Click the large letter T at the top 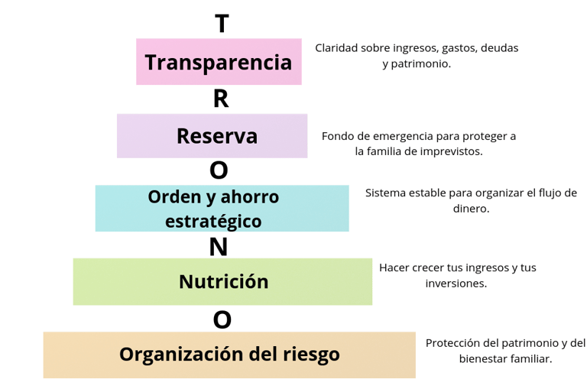[x=222, y=23]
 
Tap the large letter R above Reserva [x=221, y=99]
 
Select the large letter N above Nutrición [x=219, y=246]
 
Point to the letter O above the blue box [x=219, y=170]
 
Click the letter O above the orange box [x=222, y=319]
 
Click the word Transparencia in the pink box [x=219, y=62]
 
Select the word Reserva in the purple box [x=217, y=136]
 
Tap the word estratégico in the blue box [x=213, y=221]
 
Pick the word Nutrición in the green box [x=224, y=281]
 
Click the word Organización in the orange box [x=182, y=355]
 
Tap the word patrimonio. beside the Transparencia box [x=421, y=64]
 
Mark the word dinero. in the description [x=472, y=209]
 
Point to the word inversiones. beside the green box [x=456, y=283]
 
